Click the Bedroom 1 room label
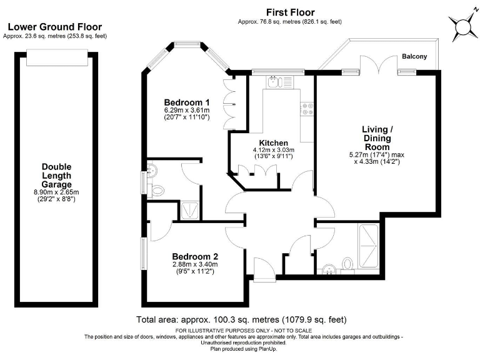(x=187, y=102)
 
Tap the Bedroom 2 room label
(x=195, y=256)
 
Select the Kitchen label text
(x=273, y=143)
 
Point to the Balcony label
(x=414, y=56)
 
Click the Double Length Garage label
(x=57, y=176)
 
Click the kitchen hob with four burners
(x=307, y=109)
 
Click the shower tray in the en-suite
(x=190, y=210)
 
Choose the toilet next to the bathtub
(x=347, y=264)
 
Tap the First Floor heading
(x=290, y=12)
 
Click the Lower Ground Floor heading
(x=55, y=27)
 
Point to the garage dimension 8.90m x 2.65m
(x=56, y=192)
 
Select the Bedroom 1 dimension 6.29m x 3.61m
(x=187, y=110)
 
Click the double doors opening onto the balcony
(x=378, y=65)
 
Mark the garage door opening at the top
(x=57, y=57)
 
